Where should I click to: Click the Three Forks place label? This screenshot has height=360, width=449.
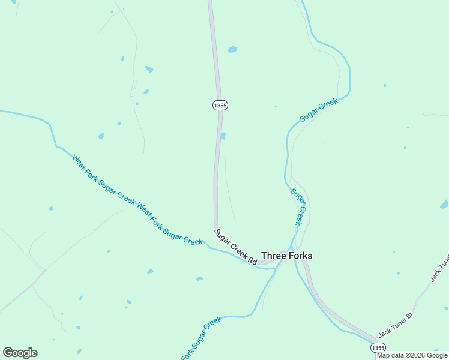click(x=287, y=256)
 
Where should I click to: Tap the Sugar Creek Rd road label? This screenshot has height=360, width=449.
click(x=236, y=247)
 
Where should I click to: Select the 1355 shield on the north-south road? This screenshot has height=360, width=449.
click(x=220, y=105)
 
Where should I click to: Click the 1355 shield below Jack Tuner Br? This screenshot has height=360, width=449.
click(x=378, y=348)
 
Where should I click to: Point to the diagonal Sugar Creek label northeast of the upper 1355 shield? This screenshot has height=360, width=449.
click(x=319, y=110)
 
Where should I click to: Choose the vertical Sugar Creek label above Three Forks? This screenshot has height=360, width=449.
click(x=299, y=207)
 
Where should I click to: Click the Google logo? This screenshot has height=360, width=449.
click(x=20, y=353)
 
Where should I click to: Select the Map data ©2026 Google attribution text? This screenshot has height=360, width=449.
click(x=412, y=355)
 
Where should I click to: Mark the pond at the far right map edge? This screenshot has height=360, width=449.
click(x=444, y=205)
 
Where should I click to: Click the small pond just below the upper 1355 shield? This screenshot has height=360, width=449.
click(x=223, y=136)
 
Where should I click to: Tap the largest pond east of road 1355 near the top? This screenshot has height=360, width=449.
click(x=232, y=49)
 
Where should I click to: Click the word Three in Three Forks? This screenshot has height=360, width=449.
click(x=274, y=256)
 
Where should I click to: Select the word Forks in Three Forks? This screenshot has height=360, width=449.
click(x=300, y=256)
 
